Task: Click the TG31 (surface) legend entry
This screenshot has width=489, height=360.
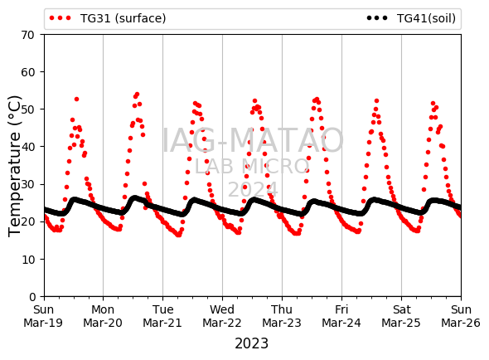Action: tap(108, 18)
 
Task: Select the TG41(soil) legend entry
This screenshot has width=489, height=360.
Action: tap(411, 18)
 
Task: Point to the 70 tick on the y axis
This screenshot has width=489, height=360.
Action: tap(27, 35)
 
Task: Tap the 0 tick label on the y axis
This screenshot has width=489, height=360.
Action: tap(32, 297)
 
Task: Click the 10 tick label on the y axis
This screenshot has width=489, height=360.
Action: tap(28, 259)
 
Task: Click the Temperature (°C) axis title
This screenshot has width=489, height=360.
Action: tap(14, 166)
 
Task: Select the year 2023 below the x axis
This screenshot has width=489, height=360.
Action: tap(251, 343)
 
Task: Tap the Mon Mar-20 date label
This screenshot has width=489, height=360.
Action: tap(103, 316)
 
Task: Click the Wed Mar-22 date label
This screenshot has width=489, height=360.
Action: tap(222, 316)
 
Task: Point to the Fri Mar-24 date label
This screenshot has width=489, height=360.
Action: tap(341, 316)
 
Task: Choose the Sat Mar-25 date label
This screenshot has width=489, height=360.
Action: tap(401, 316)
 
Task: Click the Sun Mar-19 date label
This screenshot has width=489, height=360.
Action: tap(43, 316)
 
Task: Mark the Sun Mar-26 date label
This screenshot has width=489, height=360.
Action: tap(461, 316)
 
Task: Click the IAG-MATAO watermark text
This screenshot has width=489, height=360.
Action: tap(253, 140)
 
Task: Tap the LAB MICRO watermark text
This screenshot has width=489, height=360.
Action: tap(252, 167)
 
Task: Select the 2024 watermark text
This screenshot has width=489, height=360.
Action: tap(253, 189)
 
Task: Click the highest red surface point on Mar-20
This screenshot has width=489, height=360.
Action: tap(137, 94)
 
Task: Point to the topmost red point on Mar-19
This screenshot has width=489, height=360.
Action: tap(76, 99)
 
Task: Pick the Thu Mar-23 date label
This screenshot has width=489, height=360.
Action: tap(282, 316)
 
